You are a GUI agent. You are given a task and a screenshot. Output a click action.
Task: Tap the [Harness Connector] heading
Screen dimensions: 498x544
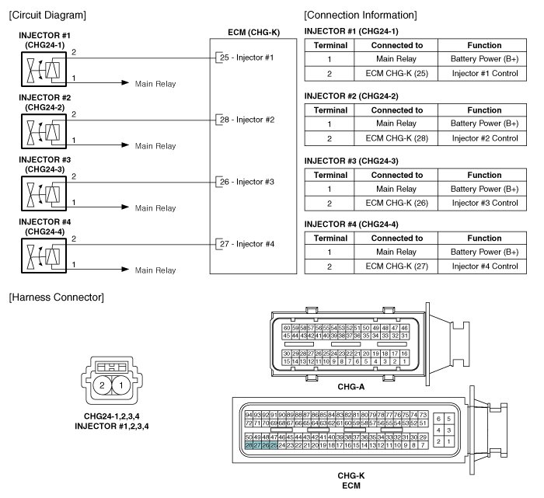point(54,298)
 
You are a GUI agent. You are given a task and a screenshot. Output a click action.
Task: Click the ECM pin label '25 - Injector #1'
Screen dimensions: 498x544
point(246,57)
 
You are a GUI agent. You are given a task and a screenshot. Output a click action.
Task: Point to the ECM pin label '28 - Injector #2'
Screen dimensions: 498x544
point(246,120)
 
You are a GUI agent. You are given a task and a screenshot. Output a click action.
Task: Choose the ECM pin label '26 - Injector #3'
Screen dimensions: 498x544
point(246,182)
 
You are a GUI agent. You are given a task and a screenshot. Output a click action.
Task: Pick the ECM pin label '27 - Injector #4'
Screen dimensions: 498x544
point(246,244)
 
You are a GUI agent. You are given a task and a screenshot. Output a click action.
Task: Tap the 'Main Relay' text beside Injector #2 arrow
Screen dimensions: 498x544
point(155,146)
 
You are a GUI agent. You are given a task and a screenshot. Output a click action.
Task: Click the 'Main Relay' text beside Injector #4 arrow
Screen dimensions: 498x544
point(155,270)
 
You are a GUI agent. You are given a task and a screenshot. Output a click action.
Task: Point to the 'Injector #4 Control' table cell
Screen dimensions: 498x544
point(484,266)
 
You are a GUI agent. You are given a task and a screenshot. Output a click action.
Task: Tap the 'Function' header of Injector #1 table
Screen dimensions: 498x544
point(484,46)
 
